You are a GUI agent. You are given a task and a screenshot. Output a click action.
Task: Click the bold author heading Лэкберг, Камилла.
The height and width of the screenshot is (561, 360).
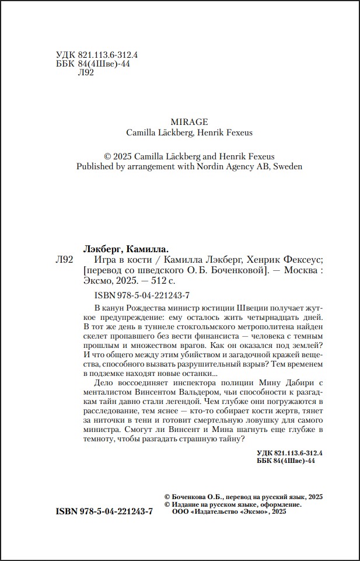[x=127, y=248]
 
